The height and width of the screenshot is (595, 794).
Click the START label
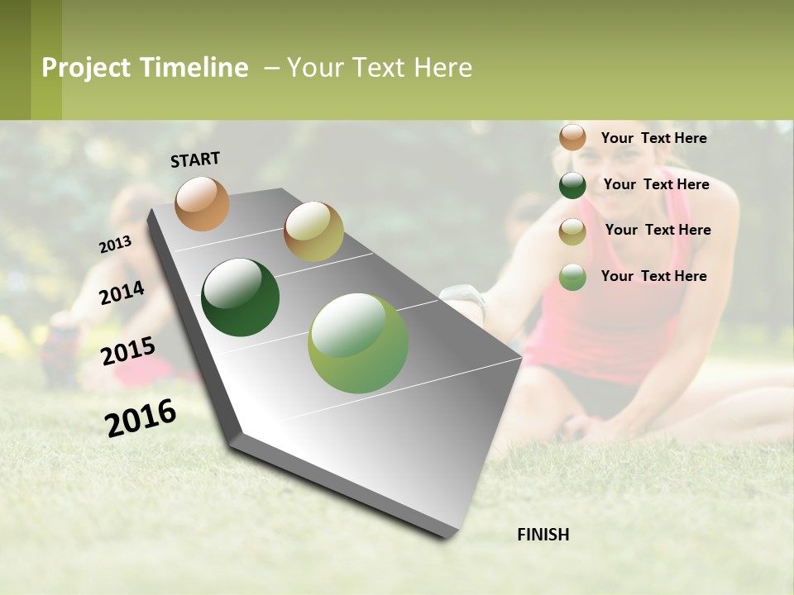click(195, 159)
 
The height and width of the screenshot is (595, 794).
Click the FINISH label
click(543, 535)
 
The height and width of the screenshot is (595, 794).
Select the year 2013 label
click(115, 245)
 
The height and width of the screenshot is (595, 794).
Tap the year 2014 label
click(122, 293)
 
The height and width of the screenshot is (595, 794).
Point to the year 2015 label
click(127, 351)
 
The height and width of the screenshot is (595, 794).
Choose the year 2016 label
click(141, 417)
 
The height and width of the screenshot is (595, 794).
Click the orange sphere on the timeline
click(203, 203)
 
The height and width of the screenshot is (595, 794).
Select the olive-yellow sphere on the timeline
click(313, 231)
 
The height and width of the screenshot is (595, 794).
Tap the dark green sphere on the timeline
click(241, 297)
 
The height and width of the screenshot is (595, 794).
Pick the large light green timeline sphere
click(358, 343)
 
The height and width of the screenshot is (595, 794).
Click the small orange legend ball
click(572, 137)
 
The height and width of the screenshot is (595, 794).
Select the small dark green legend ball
click(572, 185)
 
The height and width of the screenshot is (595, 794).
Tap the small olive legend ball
click(572, 231)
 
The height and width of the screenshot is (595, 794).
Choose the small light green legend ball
click(572, 277)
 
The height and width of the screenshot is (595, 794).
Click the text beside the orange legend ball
click(653, 138)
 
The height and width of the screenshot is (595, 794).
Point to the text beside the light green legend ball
click(653, 276)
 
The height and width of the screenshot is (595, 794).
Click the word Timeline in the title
click(194, 68)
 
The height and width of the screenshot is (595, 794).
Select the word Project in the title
click(86, 68)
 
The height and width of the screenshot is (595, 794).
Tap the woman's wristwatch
click(465, 296)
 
